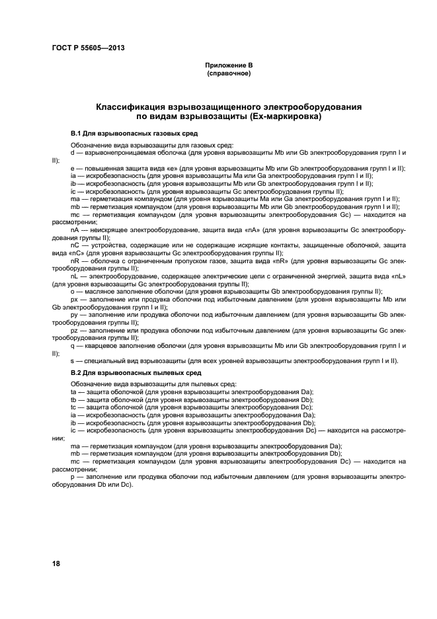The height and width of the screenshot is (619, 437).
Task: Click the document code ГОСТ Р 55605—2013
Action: [x=89, y=48]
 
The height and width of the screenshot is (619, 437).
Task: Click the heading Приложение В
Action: [x=229, y=66]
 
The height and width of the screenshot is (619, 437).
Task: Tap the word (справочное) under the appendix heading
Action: [x=229, y=73]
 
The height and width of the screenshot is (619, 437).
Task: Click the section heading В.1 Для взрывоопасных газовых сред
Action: [x=125, y=133]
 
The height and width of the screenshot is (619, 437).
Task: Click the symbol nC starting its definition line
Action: [x=75, y=244]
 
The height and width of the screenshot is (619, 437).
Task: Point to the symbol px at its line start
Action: [x=75, y=298]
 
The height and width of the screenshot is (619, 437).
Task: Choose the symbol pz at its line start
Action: [x=75, y=329]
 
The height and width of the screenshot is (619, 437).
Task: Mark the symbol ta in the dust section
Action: [x=73, y=392]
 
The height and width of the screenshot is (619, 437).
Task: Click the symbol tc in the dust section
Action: [x=73, y=407]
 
